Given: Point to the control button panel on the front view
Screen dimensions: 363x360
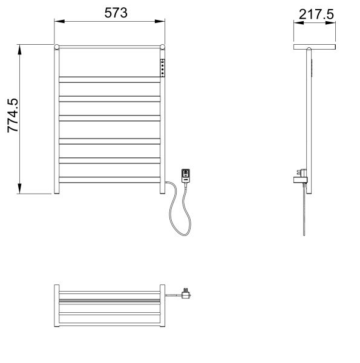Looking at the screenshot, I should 162,67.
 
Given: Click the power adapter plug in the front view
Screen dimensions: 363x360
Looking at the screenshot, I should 186,175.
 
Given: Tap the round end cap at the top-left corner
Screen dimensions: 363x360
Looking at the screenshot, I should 57,47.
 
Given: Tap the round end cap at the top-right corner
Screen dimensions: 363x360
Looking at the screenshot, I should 162,47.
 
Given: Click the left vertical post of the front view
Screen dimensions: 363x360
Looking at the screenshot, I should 57,121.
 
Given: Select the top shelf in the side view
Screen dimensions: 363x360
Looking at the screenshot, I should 315,47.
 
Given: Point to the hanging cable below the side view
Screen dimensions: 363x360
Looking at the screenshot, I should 304,212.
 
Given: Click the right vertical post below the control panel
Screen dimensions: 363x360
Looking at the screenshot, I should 162,133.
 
